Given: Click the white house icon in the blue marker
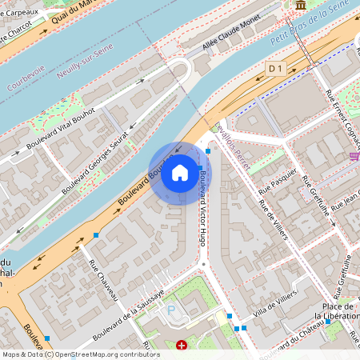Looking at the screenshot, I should (x=180, y=172).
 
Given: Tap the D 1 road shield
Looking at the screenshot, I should (x=276, y=69).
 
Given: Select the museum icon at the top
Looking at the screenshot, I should (x=300, y=6).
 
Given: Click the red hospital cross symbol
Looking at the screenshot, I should (x=182, y=346).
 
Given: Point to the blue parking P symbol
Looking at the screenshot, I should (x=170, y=309).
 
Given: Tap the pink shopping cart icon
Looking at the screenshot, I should (x=354, y=155).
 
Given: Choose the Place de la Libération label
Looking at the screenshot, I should (x=337, y=311).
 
